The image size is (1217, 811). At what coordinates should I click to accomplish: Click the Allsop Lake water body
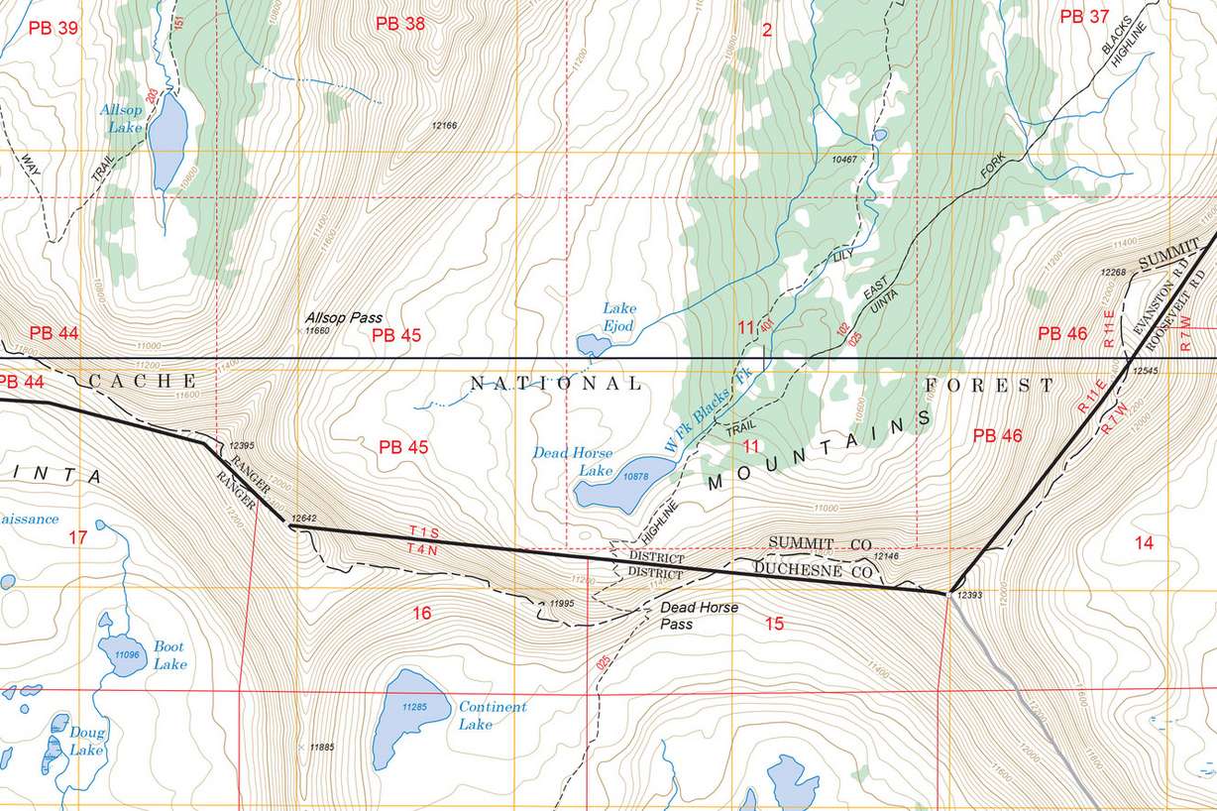167,134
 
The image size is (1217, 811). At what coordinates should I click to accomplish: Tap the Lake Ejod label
619,315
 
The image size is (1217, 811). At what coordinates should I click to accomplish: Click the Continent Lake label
492,715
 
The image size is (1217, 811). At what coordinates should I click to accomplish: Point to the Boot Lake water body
122,654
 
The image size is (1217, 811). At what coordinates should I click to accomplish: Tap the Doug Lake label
86,741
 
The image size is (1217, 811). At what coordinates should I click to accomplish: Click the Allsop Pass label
344,317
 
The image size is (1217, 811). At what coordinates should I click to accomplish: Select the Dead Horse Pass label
699,615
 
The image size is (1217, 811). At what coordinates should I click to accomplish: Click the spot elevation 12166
444,125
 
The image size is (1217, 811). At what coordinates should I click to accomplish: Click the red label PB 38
400,24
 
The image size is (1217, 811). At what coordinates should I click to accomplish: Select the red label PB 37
1084,16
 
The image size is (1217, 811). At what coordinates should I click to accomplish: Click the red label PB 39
53,27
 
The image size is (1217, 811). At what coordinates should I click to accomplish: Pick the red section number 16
422,614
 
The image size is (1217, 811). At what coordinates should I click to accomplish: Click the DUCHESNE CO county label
813,570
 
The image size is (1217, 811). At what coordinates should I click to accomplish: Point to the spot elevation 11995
562,603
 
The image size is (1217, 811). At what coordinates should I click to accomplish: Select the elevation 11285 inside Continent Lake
413,707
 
